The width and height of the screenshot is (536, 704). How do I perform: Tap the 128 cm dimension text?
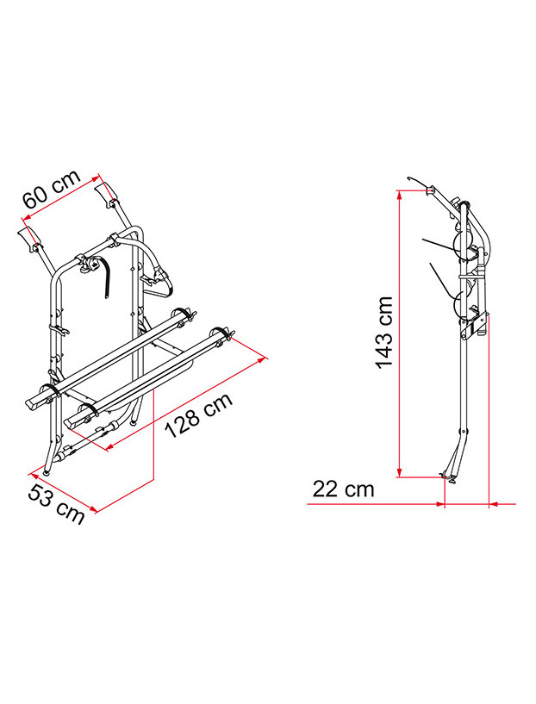(x=197, y=414)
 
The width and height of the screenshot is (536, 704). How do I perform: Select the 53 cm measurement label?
(x=57, y=503)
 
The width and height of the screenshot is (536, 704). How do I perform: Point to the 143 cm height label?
(x=384, y=333)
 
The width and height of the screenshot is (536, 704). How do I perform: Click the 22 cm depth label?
(x=343, y=489)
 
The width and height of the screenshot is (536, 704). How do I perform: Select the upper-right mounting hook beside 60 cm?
(x=109, y=193)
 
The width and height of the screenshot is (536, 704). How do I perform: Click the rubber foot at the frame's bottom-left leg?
(x=45, y=470)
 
